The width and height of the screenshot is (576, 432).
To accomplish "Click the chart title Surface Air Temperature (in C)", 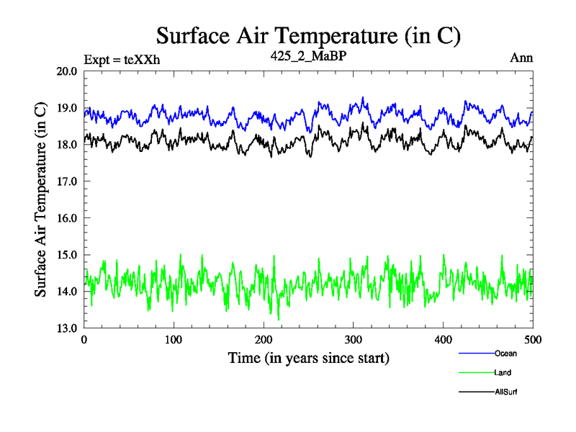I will click(308, 35).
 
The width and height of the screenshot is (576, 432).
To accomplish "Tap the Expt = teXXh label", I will click(122, 59).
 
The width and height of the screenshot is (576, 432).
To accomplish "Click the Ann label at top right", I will click(521, 58).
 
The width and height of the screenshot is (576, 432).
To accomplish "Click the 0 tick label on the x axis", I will click(84, 340).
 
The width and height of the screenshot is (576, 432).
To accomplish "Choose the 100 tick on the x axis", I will click(174, 340).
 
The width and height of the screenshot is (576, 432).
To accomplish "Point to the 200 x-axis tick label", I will click(264, 340).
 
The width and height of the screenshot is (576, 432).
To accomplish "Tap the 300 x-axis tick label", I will click(354, 340).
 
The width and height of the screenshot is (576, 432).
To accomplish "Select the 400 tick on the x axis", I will click(443, 340).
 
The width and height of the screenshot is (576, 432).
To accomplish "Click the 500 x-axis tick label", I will click(533, 340).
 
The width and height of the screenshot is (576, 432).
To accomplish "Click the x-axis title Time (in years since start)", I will click(308, 358).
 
